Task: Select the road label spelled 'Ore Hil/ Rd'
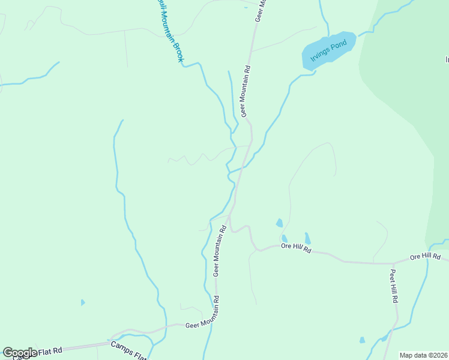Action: (296, 248)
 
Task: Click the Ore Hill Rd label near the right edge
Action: (426, 257)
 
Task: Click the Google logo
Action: (20, 353)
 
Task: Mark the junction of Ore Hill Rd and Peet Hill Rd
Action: (394, 263)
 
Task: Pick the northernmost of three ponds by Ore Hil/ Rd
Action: (279, 223)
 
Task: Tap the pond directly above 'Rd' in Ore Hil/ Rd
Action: (307, 238)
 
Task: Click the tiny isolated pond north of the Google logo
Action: (82, 302)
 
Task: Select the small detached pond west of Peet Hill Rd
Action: (362, 340)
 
